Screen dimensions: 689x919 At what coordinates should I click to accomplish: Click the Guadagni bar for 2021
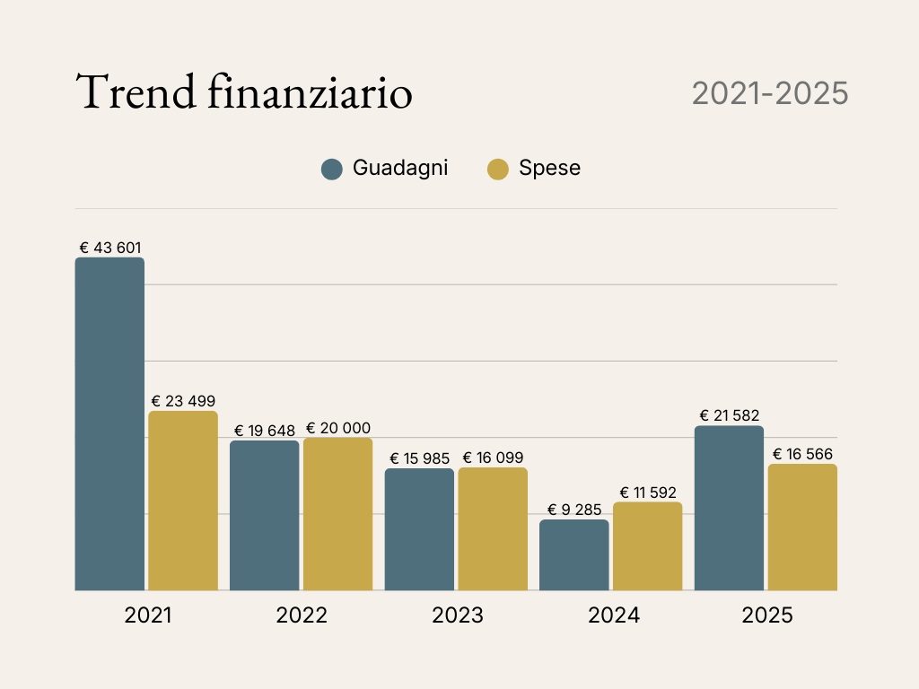click(x=109, y=423)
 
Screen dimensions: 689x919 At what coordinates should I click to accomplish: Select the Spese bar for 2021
click(x=183, y=501)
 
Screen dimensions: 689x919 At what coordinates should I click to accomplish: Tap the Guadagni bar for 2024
click(x=574, y=555)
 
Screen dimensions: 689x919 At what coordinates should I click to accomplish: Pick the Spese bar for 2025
click(x=802, y=528)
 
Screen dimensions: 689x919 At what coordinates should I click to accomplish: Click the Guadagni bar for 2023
click(x=419, y=529)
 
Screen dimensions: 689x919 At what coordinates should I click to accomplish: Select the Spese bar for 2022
click(x=337, y=514)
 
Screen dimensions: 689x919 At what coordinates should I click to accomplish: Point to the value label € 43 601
click(x=110, y=248)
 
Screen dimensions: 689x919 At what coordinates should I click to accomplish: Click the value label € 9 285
click(x=574, y=510)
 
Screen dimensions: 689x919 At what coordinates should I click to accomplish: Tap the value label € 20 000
click(x=337, y=428)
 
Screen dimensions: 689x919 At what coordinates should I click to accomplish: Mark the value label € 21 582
click(x=730, y=415)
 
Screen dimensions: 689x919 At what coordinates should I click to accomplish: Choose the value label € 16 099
click(x=493, y=458)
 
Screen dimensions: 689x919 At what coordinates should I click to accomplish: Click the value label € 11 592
click(x=648, y=493)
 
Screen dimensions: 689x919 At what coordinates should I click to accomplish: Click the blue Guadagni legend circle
click(x=332, y=169)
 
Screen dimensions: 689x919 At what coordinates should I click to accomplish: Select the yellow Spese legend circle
click(x=498, y=169)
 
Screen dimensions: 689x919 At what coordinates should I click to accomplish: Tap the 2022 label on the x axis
click(x=302, y=615)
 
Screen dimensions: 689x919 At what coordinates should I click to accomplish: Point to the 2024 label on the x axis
click(x=614, y=615)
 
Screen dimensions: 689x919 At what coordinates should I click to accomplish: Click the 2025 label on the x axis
click(x=767, y=615)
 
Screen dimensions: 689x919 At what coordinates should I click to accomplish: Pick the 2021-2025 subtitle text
click(x=770, y=93)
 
